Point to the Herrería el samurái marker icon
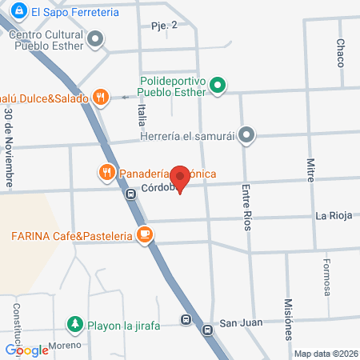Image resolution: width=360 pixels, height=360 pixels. coord(247,136)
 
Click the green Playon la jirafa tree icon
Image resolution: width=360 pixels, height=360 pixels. coord(74,323)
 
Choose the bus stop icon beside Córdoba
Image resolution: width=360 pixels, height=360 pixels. coord(130,193)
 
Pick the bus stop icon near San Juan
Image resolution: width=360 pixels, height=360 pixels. coord(186,321)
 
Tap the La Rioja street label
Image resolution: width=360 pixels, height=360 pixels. coord(334,215)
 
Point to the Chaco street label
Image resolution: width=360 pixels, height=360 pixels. coord(340,52)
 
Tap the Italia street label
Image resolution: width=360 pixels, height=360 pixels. coord(142,117)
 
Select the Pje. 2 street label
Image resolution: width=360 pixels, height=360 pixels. coord(163,26)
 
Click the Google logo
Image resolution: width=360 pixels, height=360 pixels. coord(26,350)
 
